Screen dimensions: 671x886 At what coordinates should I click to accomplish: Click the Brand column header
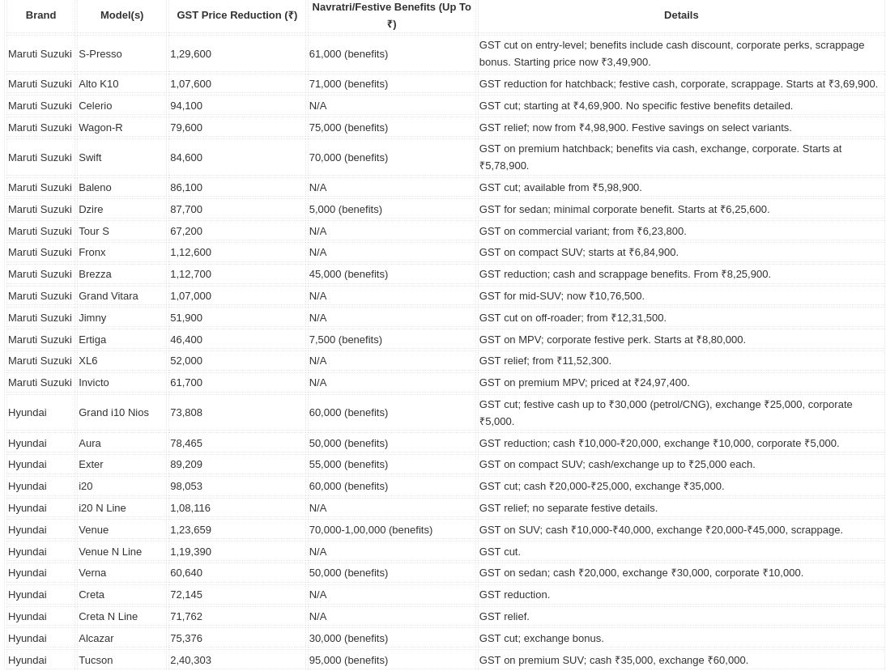click(40, 15)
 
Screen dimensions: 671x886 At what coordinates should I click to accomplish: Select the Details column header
click(680, 15)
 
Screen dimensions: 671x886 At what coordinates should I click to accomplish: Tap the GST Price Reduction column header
click(236, 15)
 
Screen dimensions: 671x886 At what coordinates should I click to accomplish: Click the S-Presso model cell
click(100, 54)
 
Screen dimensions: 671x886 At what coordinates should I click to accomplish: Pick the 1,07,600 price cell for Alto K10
click(190, 84)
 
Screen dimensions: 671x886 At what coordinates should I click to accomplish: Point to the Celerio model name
click(96, 106)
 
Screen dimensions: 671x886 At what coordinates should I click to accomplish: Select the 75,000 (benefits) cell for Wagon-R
click(348, 128)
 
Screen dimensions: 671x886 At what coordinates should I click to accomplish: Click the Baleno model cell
click(95, 188)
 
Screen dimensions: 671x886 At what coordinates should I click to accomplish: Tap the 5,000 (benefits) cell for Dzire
click(345, 210)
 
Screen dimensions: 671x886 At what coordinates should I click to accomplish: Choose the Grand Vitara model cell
click(109, 296)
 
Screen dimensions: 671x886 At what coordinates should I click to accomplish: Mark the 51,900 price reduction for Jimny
click(186, 318)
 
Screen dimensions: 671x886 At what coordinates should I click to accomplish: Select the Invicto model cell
click(94, 383)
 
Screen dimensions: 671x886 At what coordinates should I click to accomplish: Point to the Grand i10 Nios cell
click(113, 413)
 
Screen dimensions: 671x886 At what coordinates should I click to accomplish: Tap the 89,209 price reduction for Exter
click(186, 465)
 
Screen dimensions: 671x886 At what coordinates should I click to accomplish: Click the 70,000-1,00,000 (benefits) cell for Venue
click(370, 530)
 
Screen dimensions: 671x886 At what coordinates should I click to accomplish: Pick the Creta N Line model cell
click(108, 617)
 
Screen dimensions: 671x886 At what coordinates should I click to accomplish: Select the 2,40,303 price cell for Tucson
click(190, 660)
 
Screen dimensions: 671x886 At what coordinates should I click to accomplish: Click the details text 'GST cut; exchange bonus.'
click(541, 639)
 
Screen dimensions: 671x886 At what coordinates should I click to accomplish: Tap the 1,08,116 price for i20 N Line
click(190, 508)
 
